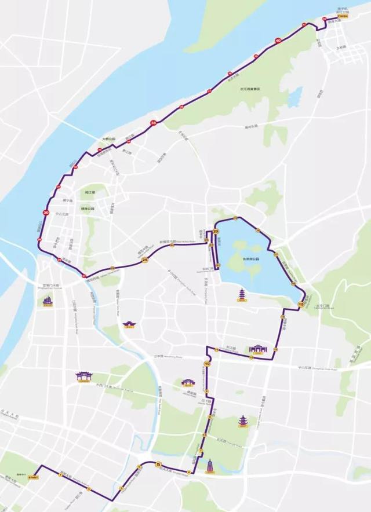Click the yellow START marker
(x=32, y=477)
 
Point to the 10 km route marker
(x=206, y=364)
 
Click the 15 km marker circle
(x=300, y=303)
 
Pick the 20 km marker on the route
(x=216, y=231)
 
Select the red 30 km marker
(x=46, y=213)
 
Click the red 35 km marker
(x=154, y=123)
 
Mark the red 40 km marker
(x=278, y=41)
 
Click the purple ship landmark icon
(x=47, y=301)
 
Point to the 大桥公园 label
(x=109, y=140)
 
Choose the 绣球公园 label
(x=88, y=209)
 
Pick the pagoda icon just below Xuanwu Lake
(x=239, y=295)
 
